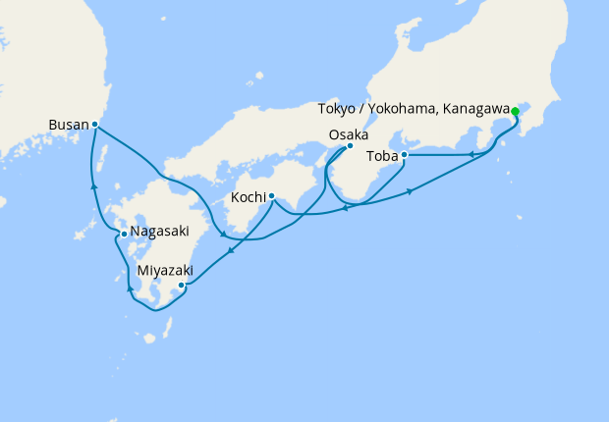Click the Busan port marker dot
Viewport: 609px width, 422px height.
click(94, 125)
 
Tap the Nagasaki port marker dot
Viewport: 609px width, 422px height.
click(123, 234)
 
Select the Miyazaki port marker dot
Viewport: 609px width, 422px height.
click(182, 286)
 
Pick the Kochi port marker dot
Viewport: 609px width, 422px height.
click(271, 195)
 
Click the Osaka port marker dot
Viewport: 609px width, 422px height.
click(350, 147)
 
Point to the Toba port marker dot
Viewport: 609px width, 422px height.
click(404, 155)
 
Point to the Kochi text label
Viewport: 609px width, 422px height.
click(247, 197)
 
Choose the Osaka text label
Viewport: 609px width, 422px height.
click(349, 134)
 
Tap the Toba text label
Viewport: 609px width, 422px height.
click(381, 156)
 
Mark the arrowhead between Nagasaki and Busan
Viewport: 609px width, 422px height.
click(94, 185)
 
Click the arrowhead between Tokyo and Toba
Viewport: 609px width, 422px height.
click(472, 153)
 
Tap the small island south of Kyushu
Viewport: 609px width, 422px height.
click(149, 338)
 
